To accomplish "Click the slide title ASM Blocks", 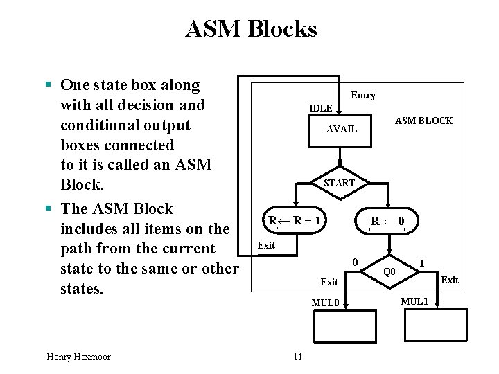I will click(x=251, y=29).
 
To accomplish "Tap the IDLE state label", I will click(x=320, y=108).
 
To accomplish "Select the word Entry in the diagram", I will click(x=363, y=95).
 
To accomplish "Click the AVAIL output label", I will click(x=342, y=129).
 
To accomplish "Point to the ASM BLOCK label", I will click(x=423, y=121).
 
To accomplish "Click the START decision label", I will click(x=339, y=183).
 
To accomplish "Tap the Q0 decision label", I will click(x=389, y=271).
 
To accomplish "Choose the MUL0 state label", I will click(x=325, y=303).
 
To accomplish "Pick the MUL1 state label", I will click(x=415, y=301).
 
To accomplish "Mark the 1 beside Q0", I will click(x=421, y=262).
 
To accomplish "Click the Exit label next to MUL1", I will click(x=450, y=280).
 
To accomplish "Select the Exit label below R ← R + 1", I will click(x=266, y=245).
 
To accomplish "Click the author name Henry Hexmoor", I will click(x=78, y=357).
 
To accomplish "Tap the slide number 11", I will click(x=298, y=357).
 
